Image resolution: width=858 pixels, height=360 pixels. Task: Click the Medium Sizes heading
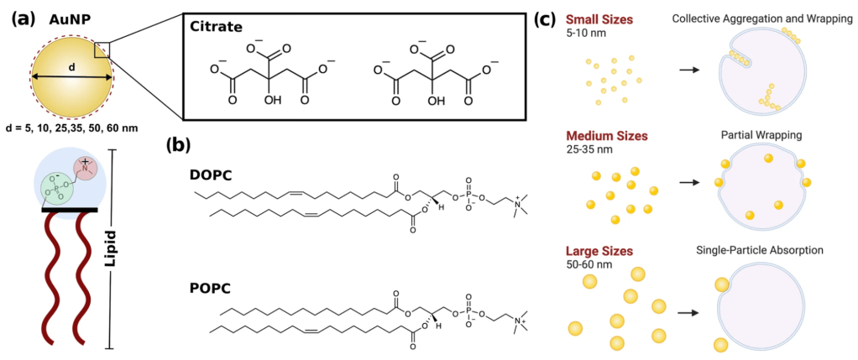[x=609, y=136]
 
